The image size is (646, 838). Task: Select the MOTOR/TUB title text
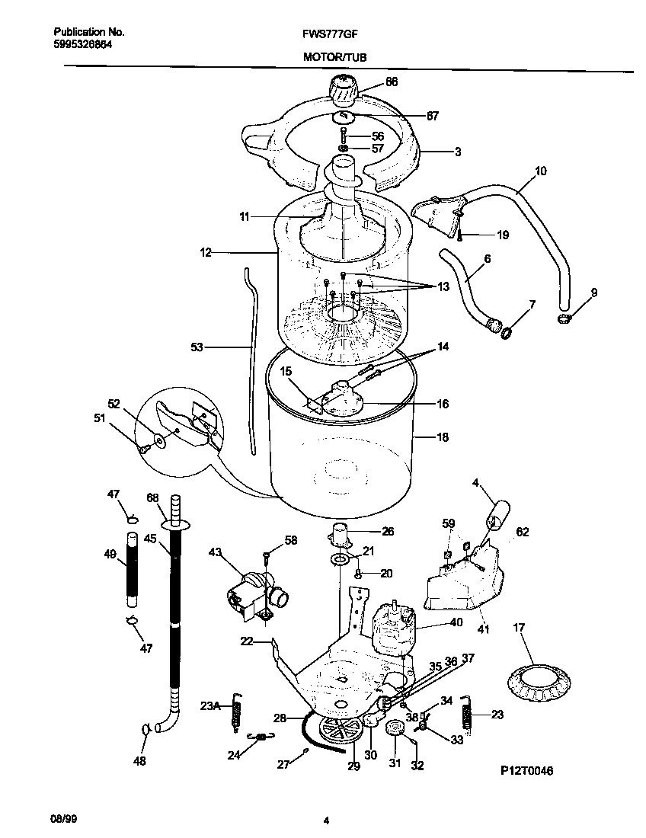click(328, 56)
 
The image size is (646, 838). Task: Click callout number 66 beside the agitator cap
click(392, 82)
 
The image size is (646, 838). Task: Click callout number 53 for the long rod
click(197, 347)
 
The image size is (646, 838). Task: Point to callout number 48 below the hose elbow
click(141, 760)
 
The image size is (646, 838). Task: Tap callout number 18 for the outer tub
click(442, 438)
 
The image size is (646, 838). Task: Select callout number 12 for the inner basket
click(206, 251)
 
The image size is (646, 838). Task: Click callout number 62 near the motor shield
click(523, 533)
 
